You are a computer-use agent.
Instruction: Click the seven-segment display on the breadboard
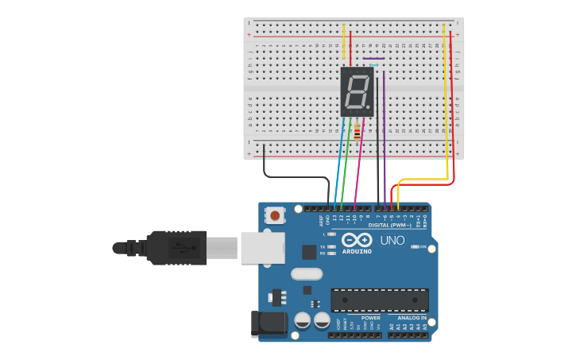click(357, 91)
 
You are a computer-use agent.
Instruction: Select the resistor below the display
click(358, 132)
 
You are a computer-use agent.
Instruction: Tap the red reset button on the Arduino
click(276, 215)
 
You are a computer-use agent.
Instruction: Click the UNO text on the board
click(392, 240)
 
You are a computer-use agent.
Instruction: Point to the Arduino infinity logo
click(357, 240)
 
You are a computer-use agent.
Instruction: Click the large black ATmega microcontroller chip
click(380, 300)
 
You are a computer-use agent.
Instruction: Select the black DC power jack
click(268, 323)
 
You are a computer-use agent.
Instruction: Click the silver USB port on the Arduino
click(262, 248)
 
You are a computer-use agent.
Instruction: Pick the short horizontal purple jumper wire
click(373, 58)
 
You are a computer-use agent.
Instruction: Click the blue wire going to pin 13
click(340, 163)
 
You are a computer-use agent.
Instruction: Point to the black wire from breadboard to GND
click(294, 177)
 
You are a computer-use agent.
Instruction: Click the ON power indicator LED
click(415, 246)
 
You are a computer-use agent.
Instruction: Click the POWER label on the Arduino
click(370, 317)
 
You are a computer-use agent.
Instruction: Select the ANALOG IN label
click(412, 317)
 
